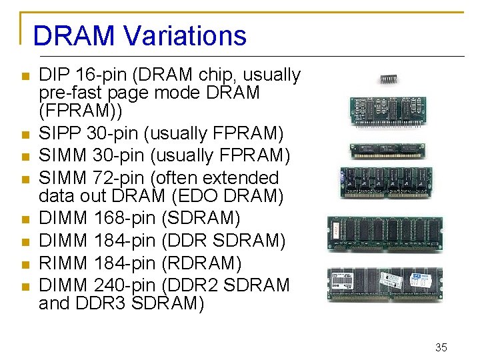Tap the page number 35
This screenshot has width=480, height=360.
(441, 347)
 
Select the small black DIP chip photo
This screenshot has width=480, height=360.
(389, 79)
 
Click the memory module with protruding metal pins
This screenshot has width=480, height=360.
(387, 111)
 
